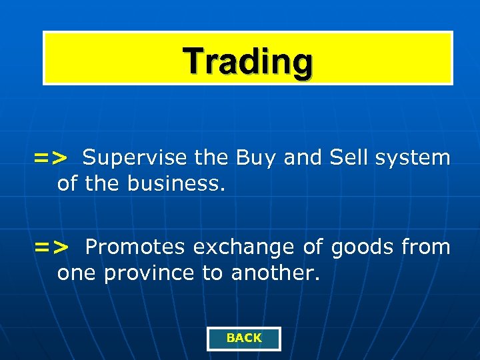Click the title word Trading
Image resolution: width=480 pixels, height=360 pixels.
coord(248,61)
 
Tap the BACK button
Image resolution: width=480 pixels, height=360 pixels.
coord(244,338)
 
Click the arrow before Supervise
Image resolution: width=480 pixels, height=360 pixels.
coord(51,158)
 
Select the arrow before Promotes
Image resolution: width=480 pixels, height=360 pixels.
coord(51,247)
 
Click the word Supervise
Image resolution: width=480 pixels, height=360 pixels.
coord(135,158)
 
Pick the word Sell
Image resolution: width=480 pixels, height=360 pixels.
coord(349,158)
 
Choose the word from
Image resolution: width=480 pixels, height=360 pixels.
coord(426,247)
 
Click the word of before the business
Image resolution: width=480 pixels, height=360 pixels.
coord(67,183)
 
